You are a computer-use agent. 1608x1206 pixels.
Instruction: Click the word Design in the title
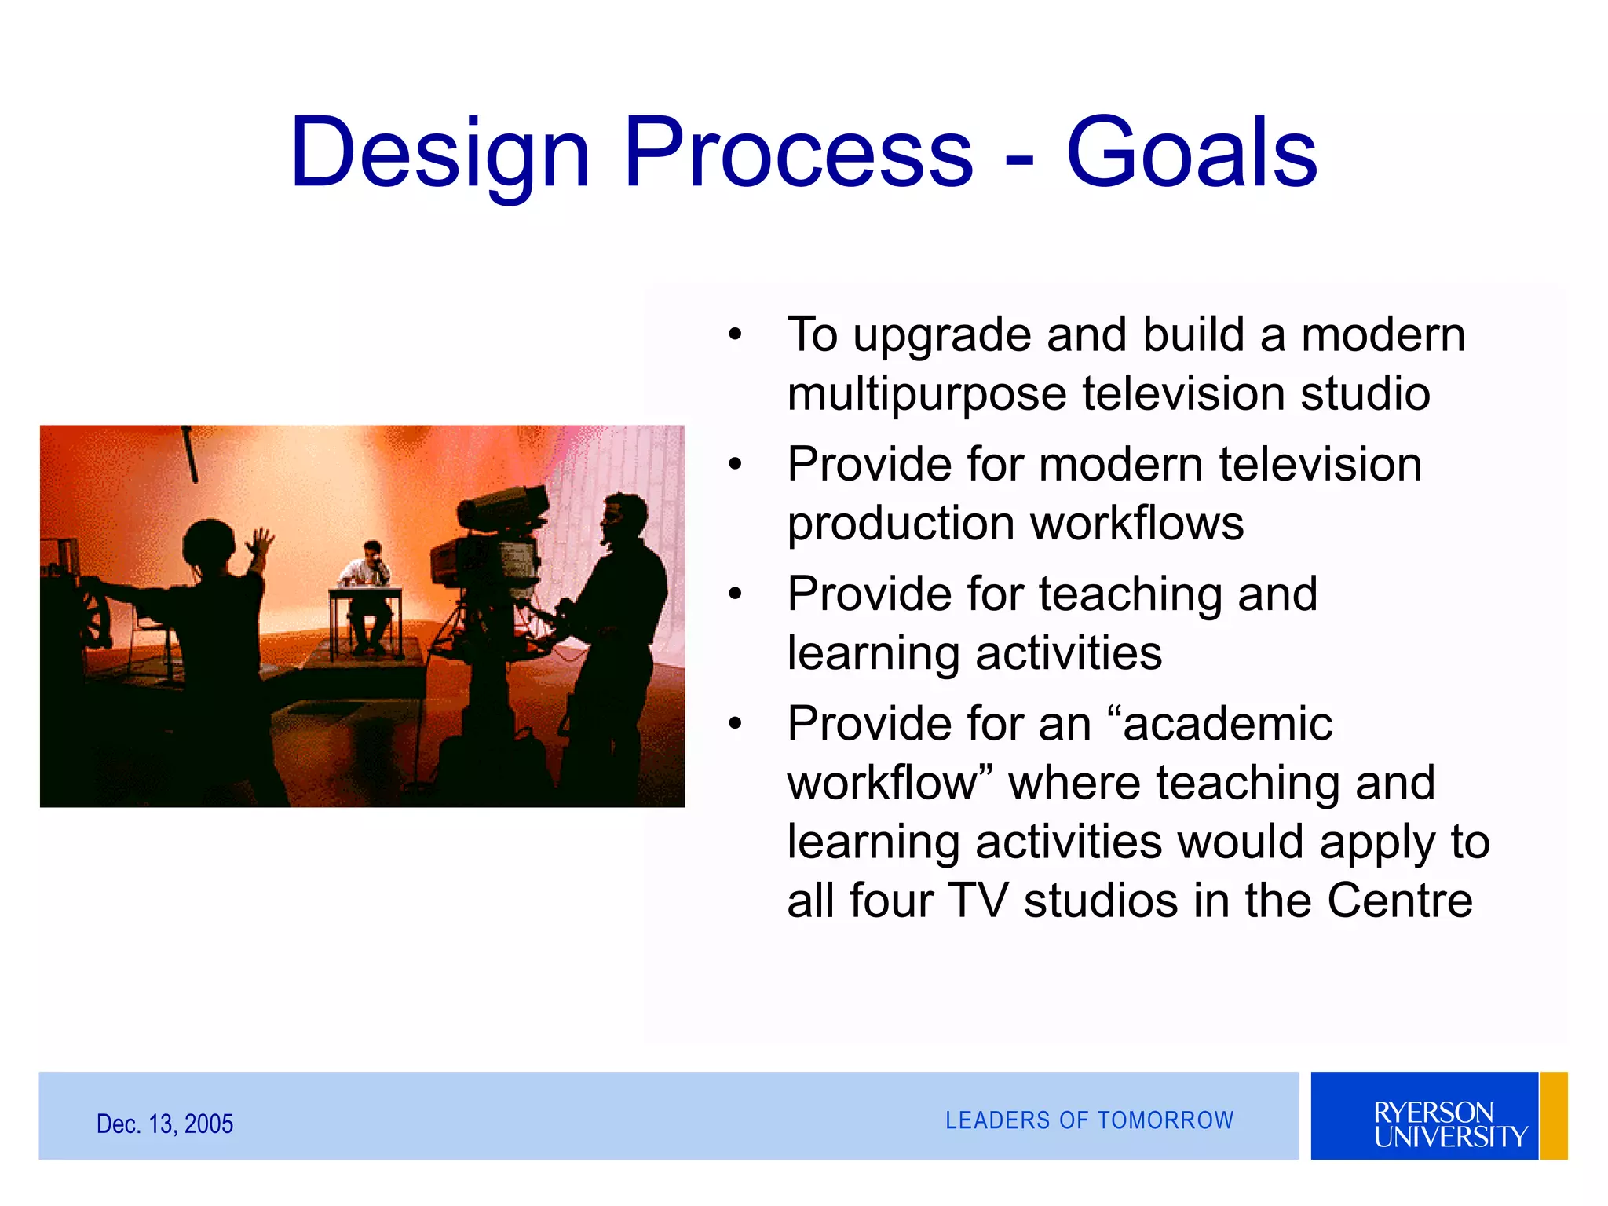(440, 153)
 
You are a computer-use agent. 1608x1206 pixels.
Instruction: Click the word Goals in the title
(1191, 153)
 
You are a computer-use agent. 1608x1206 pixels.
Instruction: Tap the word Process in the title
(798, 153)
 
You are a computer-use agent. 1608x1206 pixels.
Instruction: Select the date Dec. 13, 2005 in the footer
(165, 1124)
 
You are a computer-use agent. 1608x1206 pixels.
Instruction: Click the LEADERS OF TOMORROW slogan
(1089, 1120)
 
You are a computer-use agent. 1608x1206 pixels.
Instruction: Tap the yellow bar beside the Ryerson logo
(1554, 1115)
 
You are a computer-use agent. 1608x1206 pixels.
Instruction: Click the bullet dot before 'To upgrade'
(735, 335)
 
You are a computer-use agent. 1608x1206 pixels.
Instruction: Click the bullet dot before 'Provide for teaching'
(735, 594)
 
